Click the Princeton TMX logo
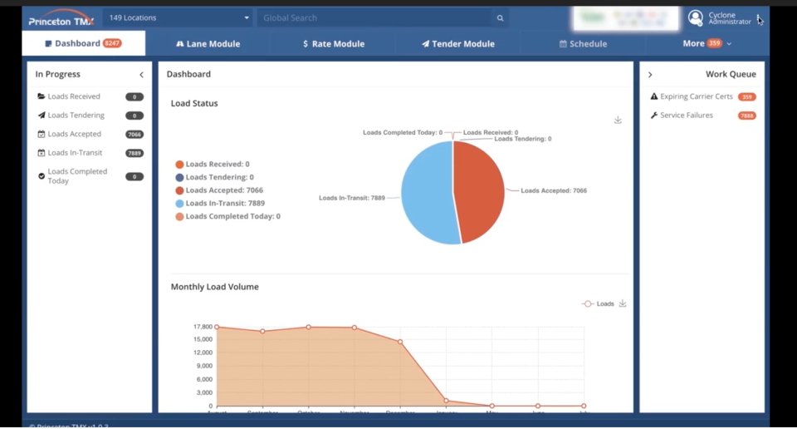click(61, 18)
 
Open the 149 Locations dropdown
click(178, 17)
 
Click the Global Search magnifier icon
click(500, 17)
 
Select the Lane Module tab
click(208, 44)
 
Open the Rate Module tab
click(333, 44)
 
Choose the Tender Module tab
click(457, 44)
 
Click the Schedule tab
click(583, 44)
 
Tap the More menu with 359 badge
click(707, 43)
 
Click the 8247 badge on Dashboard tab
click(112, 43)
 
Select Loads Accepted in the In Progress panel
click(74, 134)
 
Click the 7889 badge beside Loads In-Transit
click(134, 153)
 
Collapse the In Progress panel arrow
click(141, 75)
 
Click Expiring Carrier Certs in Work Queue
click(696, 96)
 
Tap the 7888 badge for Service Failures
click(746, 116)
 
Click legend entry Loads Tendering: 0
click(219, 177)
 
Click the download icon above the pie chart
click(618, 121)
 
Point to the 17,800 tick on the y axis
click(203, 327)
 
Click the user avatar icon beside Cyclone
click(696, 17)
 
